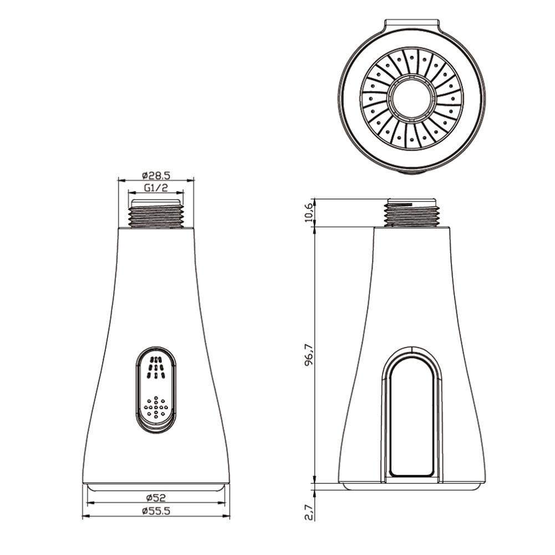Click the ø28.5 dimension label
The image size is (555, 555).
pyautogui.click(x=156, y=174)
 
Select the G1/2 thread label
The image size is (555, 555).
pyautogui.click(x=156, y=187)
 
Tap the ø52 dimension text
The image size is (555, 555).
pyautogui.click(x=156, y=497)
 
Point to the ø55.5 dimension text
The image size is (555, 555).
pyautogui.click(x=156, y=511)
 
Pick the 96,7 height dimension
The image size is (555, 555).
pyautogui.click(x=310, y=354)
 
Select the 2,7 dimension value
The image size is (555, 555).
pyautogui.click(x=310, y=508)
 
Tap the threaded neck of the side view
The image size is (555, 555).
pyautogui.click(x=412, y=213)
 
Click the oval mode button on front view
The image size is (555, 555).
pyautogui.click(x=156, y=390)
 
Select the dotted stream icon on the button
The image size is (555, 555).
pyautogui.click(x=156, y=408)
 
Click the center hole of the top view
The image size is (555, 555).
pyautogui.click(x=411, y=100)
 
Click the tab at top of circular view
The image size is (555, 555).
pyautogui.click(x=412, y=26)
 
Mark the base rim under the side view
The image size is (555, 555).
pyautogui.click(x=411, y=486)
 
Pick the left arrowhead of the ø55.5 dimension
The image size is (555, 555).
pyautogui.click(x=85, y=517)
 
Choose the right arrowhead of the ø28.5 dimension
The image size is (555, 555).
pyautogui.click(x=192, y=180)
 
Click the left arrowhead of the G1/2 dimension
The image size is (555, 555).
pyautogui.click(x=131, y=193)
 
